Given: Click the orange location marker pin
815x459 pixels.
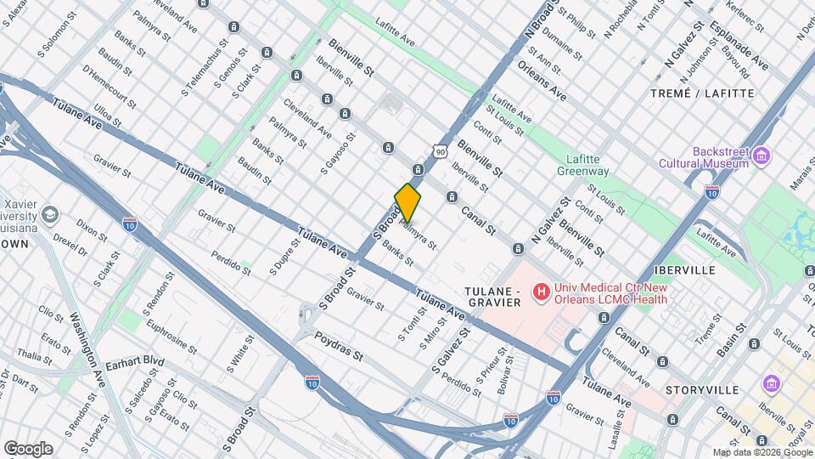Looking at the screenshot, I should pyautogui.click(x=407, y=202).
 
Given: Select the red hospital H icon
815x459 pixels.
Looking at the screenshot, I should pyautogui.click(x=539, y=293).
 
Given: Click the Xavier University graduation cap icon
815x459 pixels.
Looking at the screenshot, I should pyautogui.click(x=50, y=214).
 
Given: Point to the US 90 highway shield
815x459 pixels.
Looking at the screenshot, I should pyautogui.click(x=439, y=150).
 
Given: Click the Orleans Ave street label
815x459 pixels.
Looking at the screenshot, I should pyautogui.click(x=541, y=81).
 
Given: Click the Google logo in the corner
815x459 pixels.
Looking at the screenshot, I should pyautogui.click(x=28, y=449).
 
